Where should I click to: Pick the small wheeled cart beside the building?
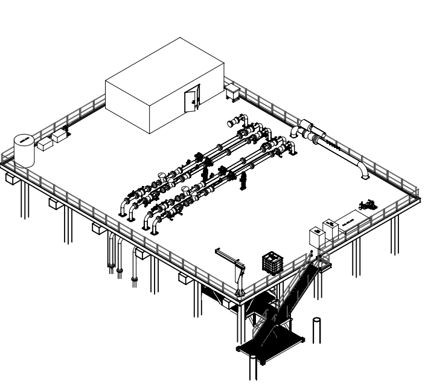[x=232, y=92]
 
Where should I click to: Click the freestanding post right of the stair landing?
[x=316, y=330]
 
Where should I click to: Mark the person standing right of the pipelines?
[x=244, y=181]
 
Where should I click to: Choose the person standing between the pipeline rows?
[x=205, y=173]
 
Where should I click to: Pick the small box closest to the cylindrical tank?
[x=43, y=144]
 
